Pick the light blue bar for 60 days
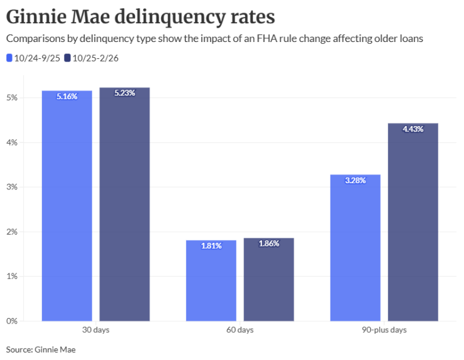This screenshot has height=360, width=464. [x=211, y=282]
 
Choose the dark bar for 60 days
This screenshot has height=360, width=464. [x=268, y=282]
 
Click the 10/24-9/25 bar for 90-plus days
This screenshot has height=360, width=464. [x=355, y=251]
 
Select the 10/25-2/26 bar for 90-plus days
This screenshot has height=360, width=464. [x=413, y=226]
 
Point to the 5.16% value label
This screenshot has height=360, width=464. [x=66, y=97]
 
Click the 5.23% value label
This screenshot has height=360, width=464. [x=124, y=93]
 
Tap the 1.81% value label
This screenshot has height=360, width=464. [x=211, y=246]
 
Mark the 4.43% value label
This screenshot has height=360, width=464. [x=413, y=129]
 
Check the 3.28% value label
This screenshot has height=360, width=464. [x=355, y=181]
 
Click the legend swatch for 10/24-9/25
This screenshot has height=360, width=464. [x=9, y=58]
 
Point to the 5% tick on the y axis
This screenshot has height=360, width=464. [x=11, y=98]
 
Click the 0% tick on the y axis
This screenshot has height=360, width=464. [x=11, y=320]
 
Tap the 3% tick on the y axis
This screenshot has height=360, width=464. [x=11, y=187]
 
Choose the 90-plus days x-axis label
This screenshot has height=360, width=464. [x=384, y=330]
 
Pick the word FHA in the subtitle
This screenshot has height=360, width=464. [x=266, y=39]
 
